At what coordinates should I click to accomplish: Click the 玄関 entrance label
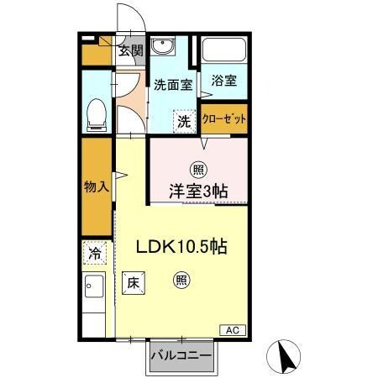tap(130, 50)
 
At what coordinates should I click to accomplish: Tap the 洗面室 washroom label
tap(174, 84)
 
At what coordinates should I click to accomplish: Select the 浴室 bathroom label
tap(224, 81)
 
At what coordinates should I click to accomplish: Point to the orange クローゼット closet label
tap(225, 118)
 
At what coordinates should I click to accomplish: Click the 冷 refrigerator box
tap(96, 252)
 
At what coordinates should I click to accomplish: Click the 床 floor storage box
tap(133, 284)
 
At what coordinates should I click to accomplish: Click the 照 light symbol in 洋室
tap(199, 168)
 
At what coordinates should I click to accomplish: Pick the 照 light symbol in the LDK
tap(181, 281)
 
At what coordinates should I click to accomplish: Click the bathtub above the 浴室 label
tap(223, 52)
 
